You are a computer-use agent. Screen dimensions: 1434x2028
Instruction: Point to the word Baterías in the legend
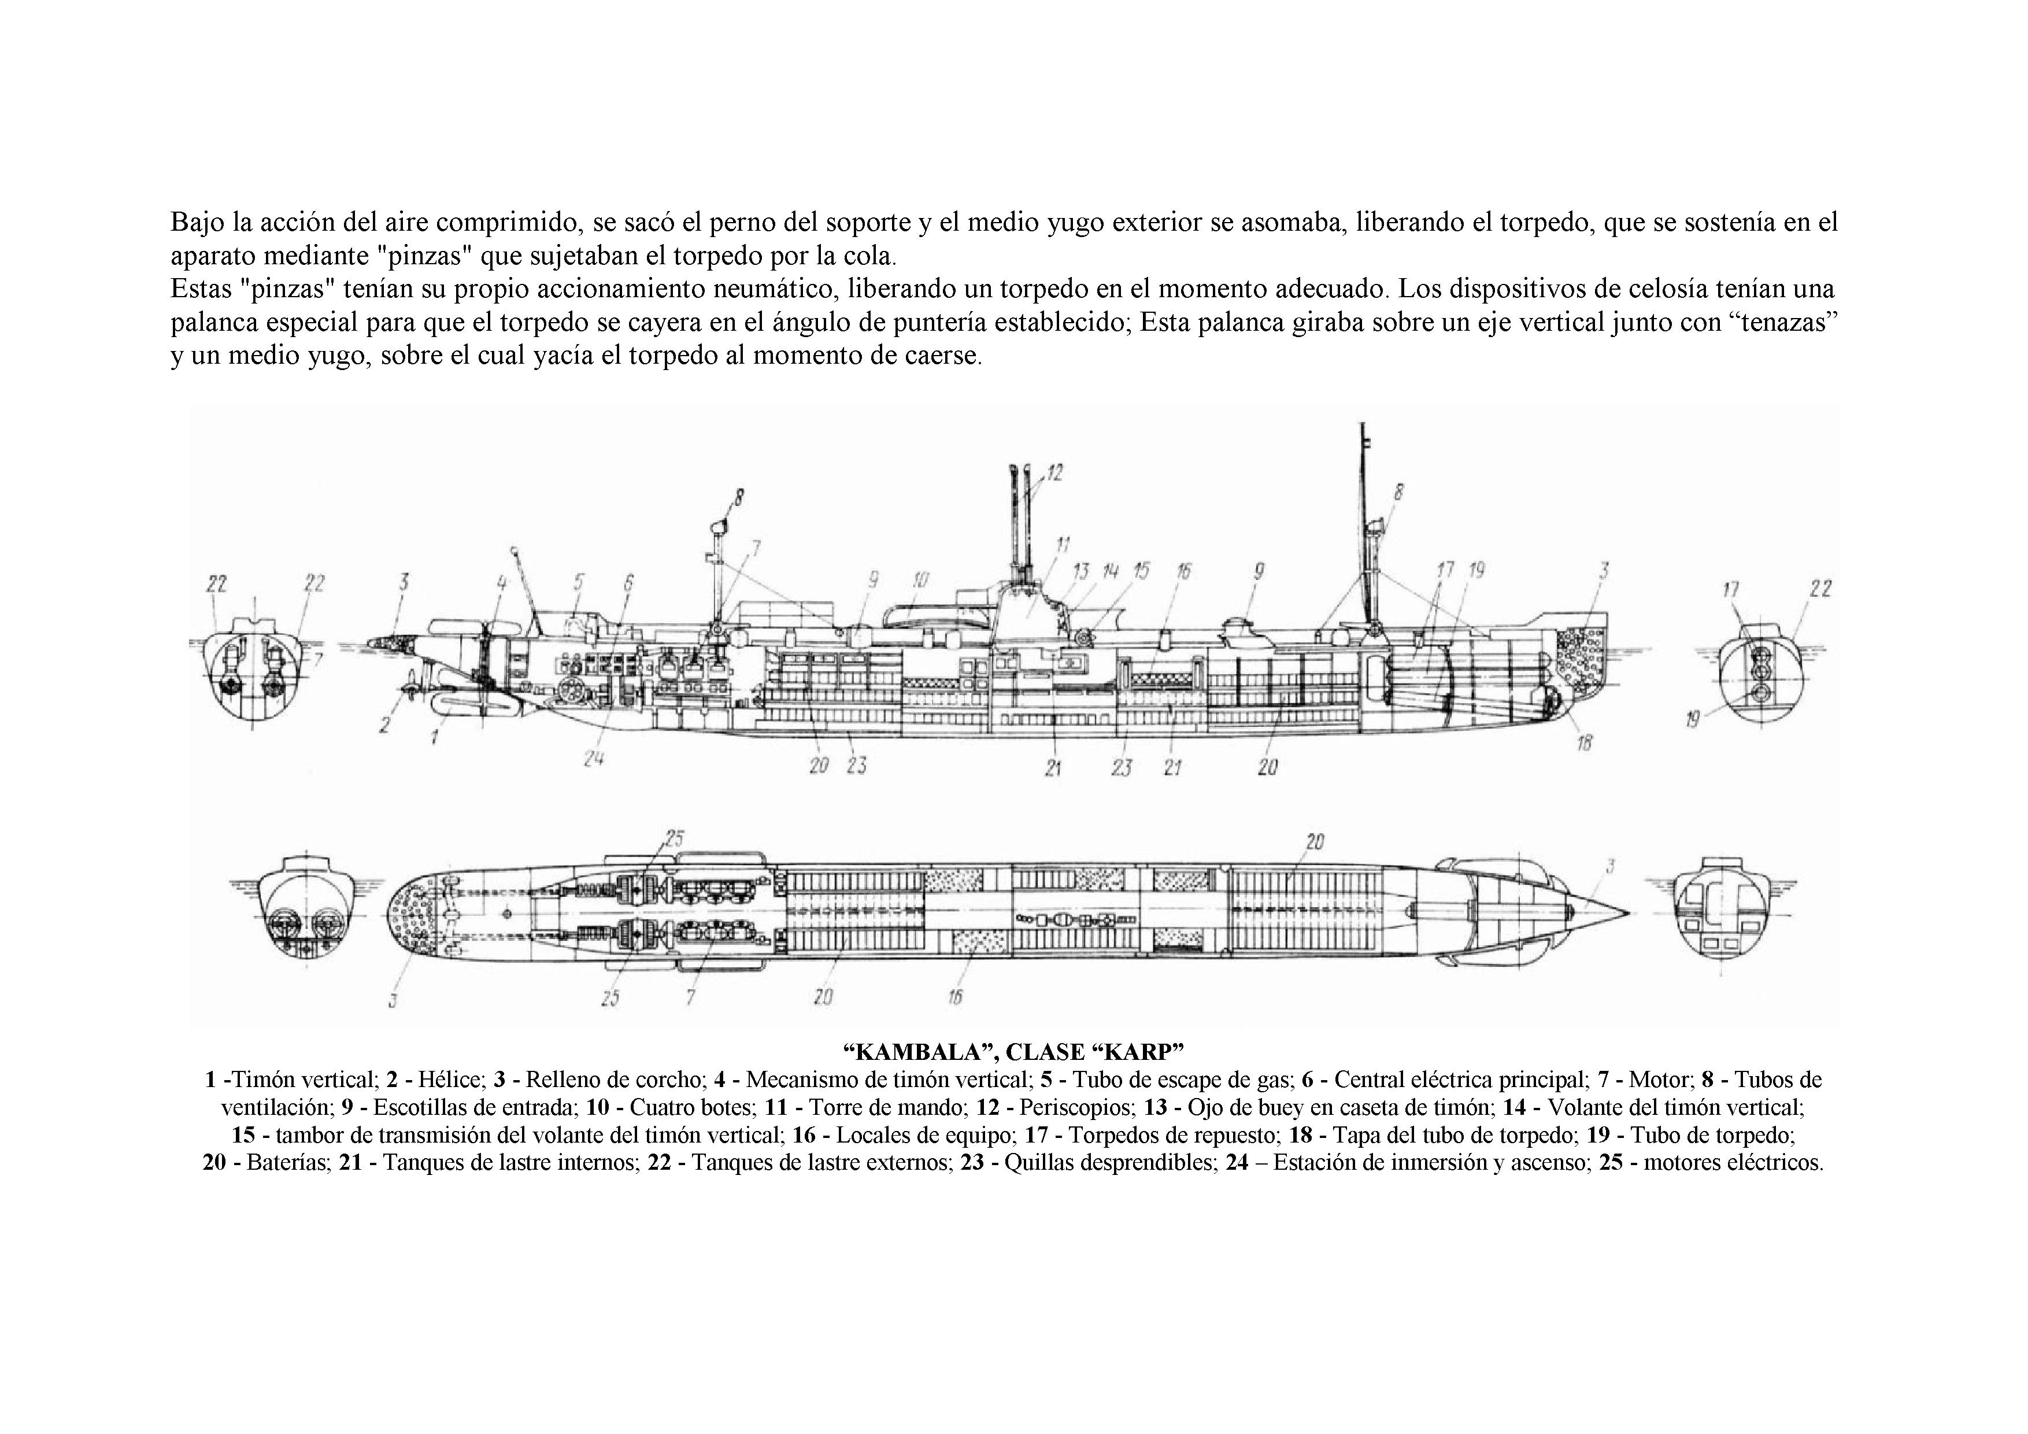pyautogui.click(x=287, y=1162)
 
